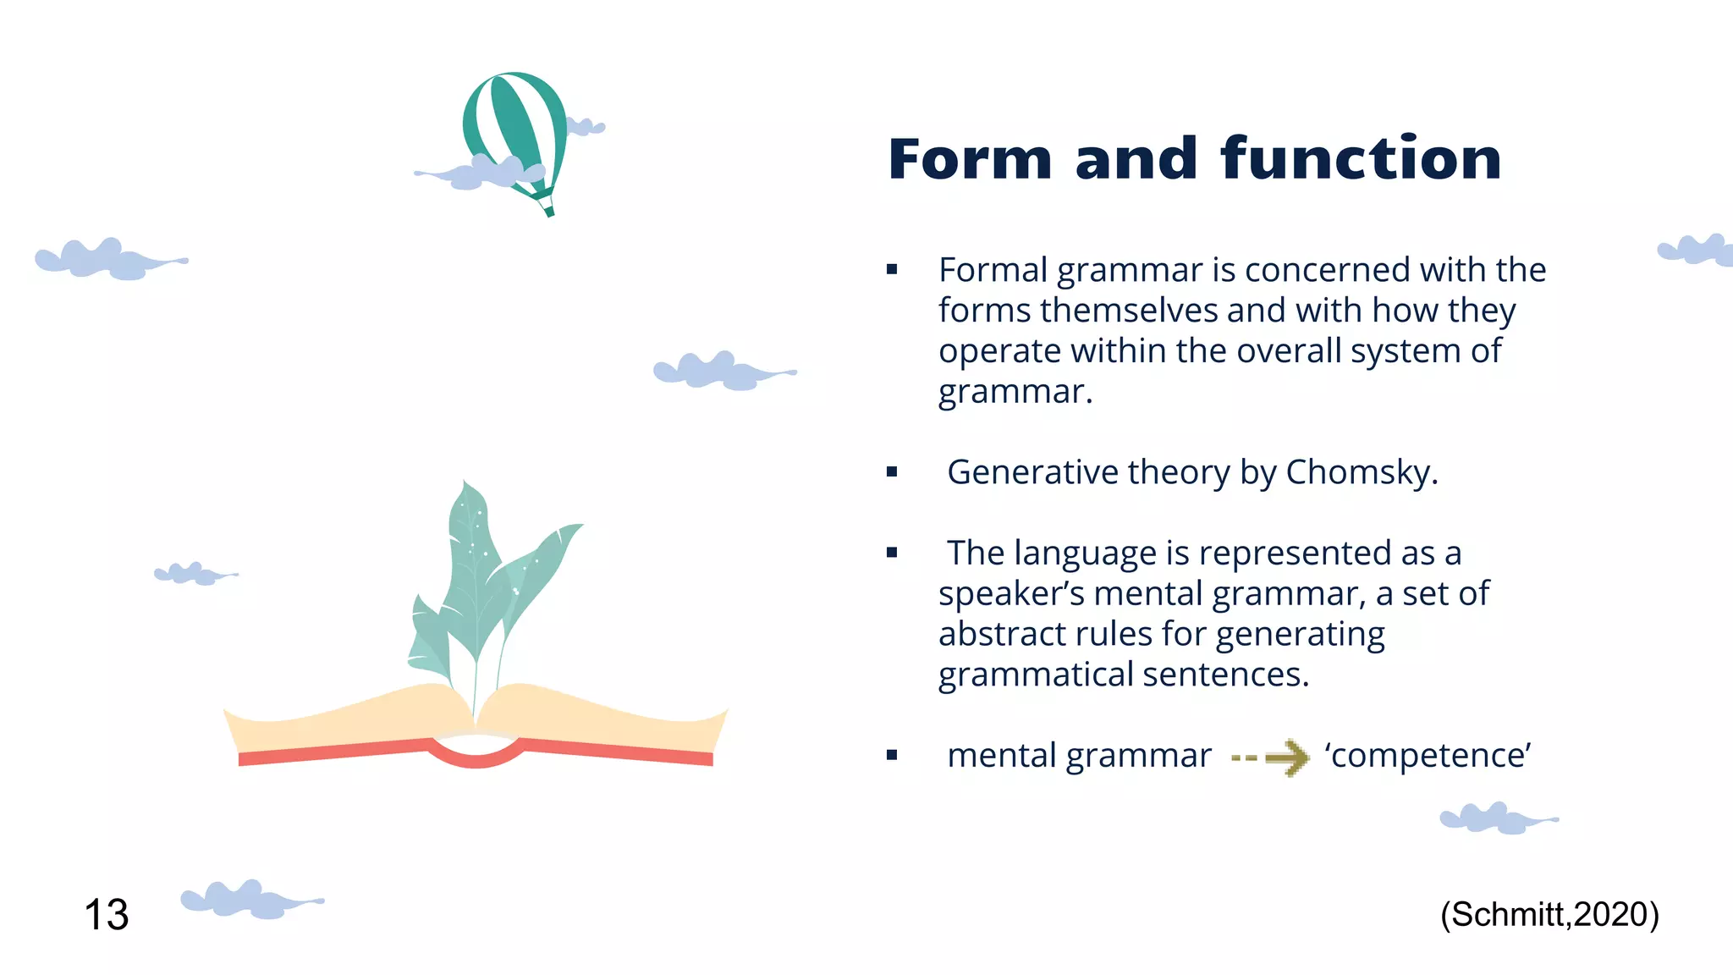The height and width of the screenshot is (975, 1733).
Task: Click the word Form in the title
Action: pos(970,159)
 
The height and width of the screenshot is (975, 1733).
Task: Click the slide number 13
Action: pos(107,915)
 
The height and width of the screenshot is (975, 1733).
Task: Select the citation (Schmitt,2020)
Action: pos(1549,915)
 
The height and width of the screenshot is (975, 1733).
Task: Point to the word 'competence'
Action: pos(1428,756)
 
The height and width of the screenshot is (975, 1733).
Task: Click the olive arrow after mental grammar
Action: pos(1272,757)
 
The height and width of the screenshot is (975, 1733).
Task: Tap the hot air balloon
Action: pos(514,127)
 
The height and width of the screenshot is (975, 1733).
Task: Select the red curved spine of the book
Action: pos(476,756)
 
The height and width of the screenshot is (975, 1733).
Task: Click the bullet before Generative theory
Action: pos(891,472)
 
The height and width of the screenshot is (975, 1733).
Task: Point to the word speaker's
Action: pos(1010,594)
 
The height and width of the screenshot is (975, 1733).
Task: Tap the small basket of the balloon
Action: pos(549,211)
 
